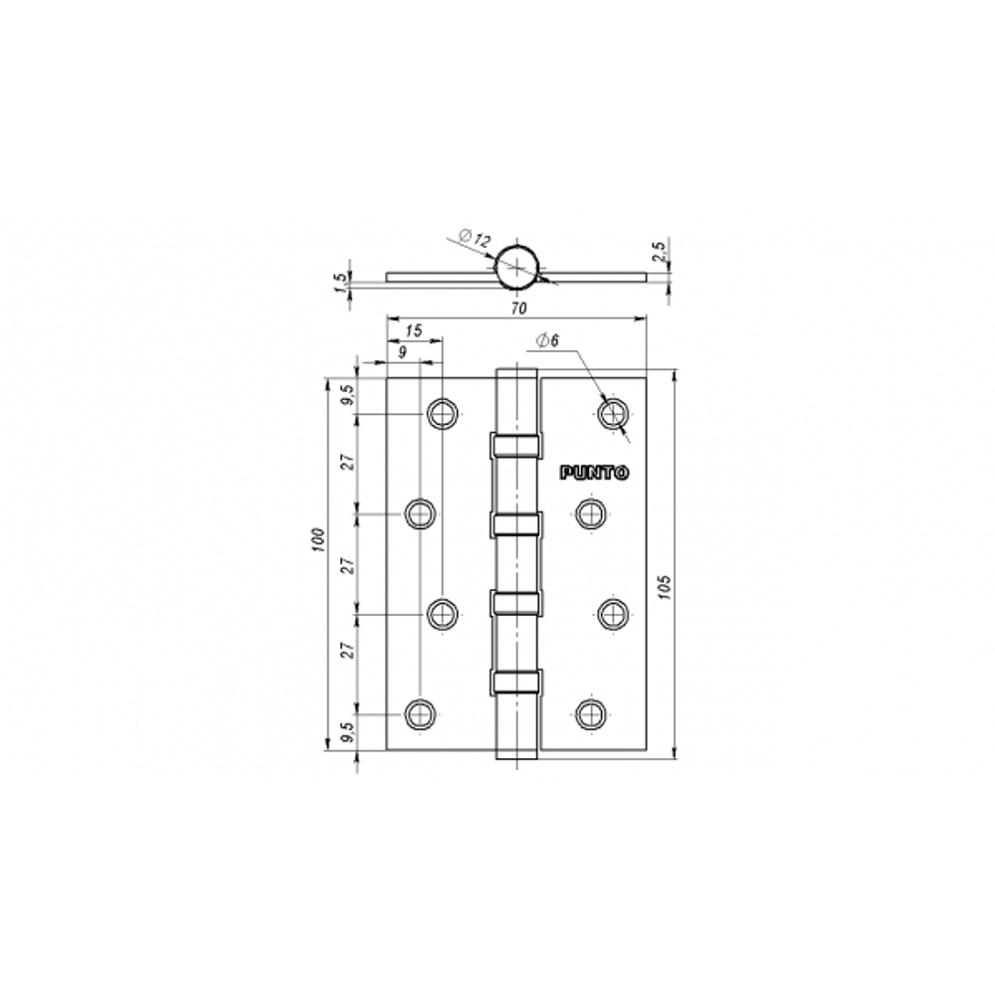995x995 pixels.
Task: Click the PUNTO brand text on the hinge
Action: click(594, 474)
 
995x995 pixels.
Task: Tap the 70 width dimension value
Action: click(518, 308)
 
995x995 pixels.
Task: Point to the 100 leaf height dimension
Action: click(318, 539)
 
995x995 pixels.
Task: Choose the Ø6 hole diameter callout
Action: click(547, 340)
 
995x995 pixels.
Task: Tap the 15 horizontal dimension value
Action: click(413, 331)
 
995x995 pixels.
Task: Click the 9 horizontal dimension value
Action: click(402, 352)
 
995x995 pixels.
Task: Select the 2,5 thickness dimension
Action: click(660, 252)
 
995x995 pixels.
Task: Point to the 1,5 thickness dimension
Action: click(341, 283)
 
